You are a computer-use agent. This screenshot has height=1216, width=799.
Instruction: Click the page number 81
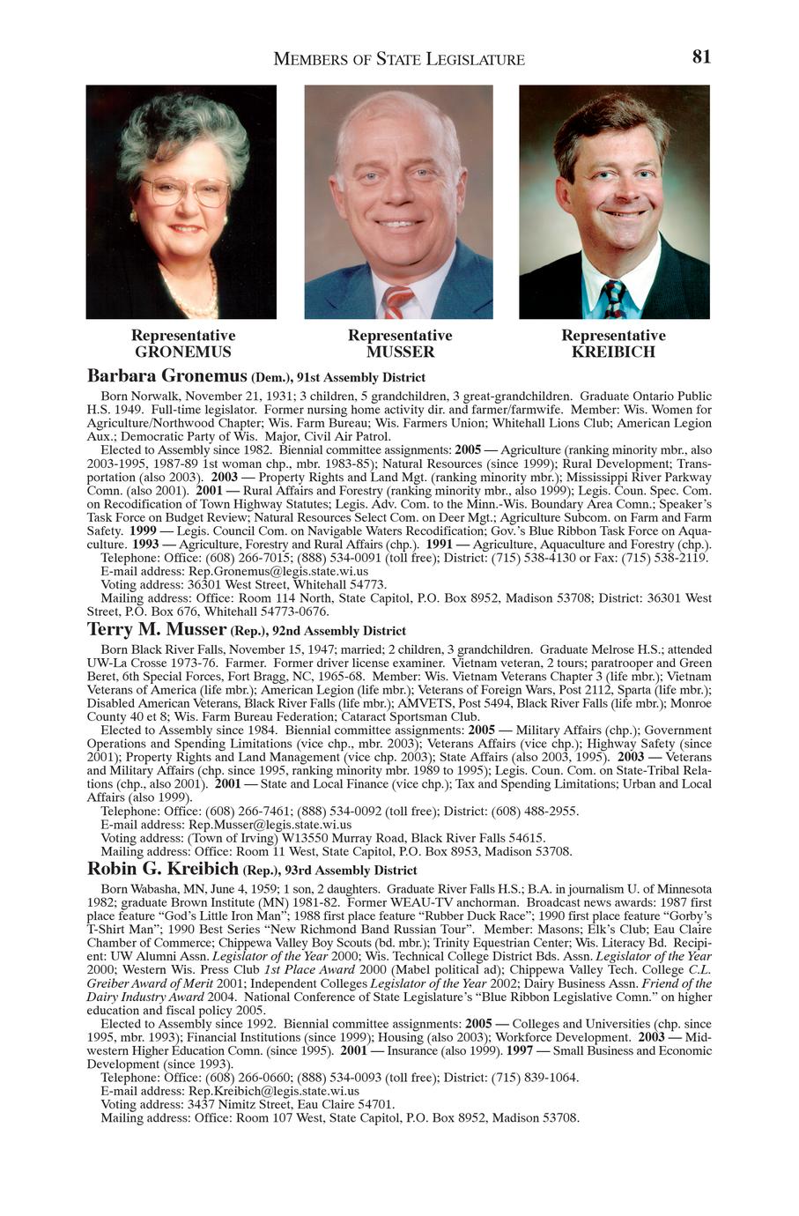click(701, 56)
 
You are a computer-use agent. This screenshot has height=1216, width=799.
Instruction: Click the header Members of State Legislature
click(399, 59)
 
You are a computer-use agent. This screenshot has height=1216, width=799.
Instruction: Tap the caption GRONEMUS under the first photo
click(183, 352)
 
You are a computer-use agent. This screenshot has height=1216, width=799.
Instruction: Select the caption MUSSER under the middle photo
click(400, 352)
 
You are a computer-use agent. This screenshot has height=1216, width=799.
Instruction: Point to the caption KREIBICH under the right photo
click(613, 352)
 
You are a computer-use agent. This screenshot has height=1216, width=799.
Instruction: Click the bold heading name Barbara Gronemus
click(167, 376)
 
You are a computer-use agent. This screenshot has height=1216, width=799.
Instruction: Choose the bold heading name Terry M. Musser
click(157, 629)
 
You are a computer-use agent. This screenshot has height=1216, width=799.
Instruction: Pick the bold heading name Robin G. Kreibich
click(163, 869)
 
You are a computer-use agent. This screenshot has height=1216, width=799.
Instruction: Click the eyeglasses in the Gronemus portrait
click(184, 190)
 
